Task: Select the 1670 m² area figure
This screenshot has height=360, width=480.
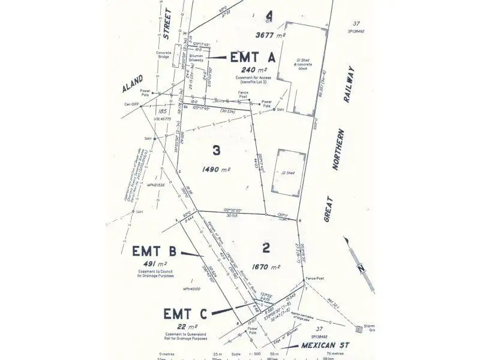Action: click(266, 267)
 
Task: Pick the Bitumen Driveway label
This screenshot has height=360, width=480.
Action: click(198, 58)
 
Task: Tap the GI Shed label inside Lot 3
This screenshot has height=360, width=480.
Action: click(288, 173)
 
